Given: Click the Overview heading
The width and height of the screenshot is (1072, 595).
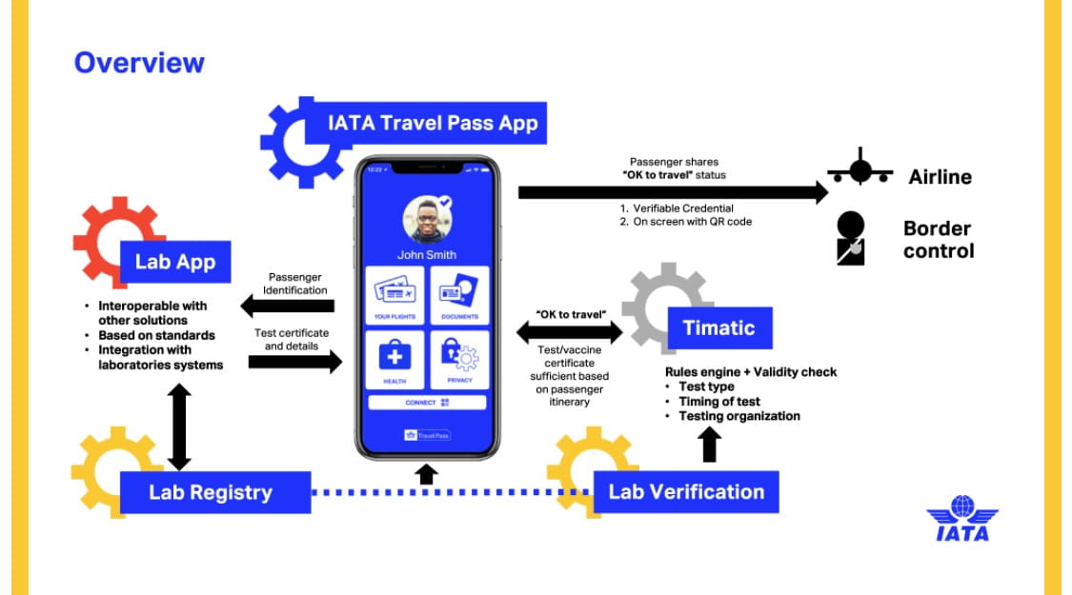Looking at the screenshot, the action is coord(139,63).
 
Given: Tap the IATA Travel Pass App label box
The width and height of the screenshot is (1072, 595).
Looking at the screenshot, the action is coord(426,123).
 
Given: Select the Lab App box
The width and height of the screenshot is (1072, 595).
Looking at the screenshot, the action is coord(175,262).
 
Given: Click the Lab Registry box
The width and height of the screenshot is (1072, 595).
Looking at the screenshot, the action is coord(215,492).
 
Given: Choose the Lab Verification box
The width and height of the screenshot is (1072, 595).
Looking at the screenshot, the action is coord(686,492).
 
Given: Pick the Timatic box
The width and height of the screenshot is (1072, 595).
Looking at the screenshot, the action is coord(720,327).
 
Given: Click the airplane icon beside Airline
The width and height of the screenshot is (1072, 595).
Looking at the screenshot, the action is coord(860,169).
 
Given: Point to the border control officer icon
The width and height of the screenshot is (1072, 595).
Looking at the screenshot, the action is coord(851,238).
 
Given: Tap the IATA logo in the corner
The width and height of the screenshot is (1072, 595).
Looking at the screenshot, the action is coord(962,519).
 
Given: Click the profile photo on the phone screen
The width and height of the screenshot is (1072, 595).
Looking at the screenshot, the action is coord(427,220).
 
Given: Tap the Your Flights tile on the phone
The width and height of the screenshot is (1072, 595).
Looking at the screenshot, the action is coord(394,295).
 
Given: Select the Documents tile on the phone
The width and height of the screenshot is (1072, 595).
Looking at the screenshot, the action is coord(459,295).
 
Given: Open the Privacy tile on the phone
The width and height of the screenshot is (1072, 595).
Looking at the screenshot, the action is coord(459,360).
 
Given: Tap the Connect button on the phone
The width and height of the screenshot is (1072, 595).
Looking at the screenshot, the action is coord(427,403).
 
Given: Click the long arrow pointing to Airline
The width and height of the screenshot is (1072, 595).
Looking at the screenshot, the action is coord(674,192).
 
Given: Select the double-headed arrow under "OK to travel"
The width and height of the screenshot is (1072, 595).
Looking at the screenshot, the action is coord(570,332).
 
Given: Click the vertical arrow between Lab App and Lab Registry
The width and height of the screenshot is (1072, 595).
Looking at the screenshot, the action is coord(179,426).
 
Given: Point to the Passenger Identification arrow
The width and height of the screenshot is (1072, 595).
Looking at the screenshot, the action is coord(287,306).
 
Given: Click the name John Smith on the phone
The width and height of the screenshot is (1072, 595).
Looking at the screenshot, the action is coord(427,255).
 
